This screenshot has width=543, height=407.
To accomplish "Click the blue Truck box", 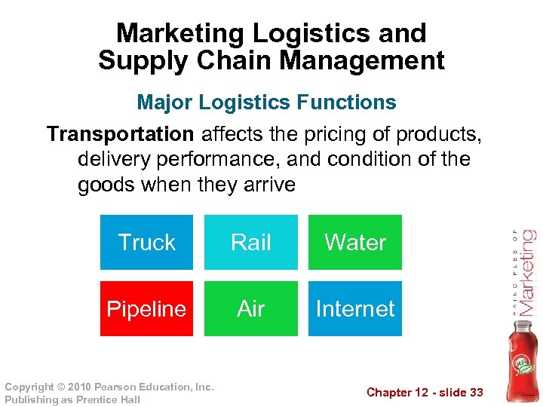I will point(146,242).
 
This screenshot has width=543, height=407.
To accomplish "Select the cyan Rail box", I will point(250,242).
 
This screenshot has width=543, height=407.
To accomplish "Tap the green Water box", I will point(354,242).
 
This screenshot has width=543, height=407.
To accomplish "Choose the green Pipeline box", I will point(146,308).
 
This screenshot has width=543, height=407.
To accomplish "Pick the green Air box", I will point(250,308).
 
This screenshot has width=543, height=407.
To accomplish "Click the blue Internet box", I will point(354,308).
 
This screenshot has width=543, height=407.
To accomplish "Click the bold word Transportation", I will point(120,134).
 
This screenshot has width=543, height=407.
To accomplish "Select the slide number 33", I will point(475,392).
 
